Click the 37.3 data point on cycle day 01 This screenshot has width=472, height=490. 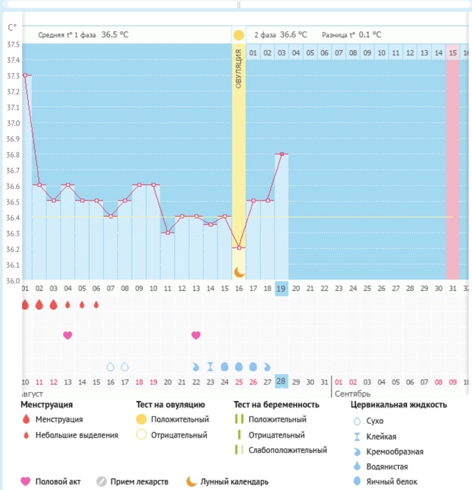click(x=25, y=75)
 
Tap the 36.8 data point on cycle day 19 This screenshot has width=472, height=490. click(x=281, y=153)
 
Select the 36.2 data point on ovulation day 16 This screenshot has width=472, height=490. click(x=239, y=248)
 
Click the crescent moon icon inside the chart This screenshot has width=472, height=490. click(x=239, y=272)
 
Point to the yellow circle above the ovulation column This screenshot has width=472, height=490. click(x=239, y=35)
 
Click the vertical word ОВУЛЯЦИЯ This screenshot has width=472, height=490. click(x=239, y=68)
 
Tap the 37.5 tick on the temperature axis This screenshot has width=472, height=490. click(x=13, y=45)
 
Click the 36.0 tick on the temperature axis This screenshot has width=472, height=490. click(x=13, y=281)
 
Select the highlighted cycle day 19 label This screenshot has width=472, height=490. click(x=281, y=289)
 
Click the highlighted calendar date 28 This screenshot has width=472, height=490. click(x=281, y=381)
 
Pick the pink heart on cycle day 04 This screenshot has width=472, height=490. click(x=67, y=335)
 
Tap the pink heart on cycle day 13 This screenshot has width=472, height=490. click(x=196, y=335)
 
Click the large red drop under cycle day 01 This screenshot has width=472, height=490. click(x=25, y=305)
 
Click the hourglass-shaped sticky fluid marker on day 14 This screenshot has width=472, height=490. click(x=210, y=367)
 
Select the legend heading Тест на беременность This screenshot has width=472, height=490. click(x=275, y=405)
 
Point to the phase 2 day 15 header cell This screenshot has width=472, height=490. click(x=452, y=53)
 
